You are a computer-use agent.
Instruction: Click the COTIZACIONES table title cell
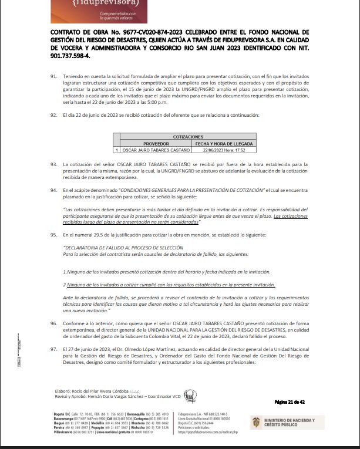(x=188, y=136)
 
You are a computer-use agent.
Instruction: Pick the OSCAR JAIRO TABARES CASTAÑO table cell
(x=156, y=150)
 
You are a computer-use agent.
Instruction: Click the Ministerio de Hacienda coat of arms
(x=256, y=423)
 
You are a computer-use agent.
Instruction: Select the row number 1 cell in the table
(x=116, y=150)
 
